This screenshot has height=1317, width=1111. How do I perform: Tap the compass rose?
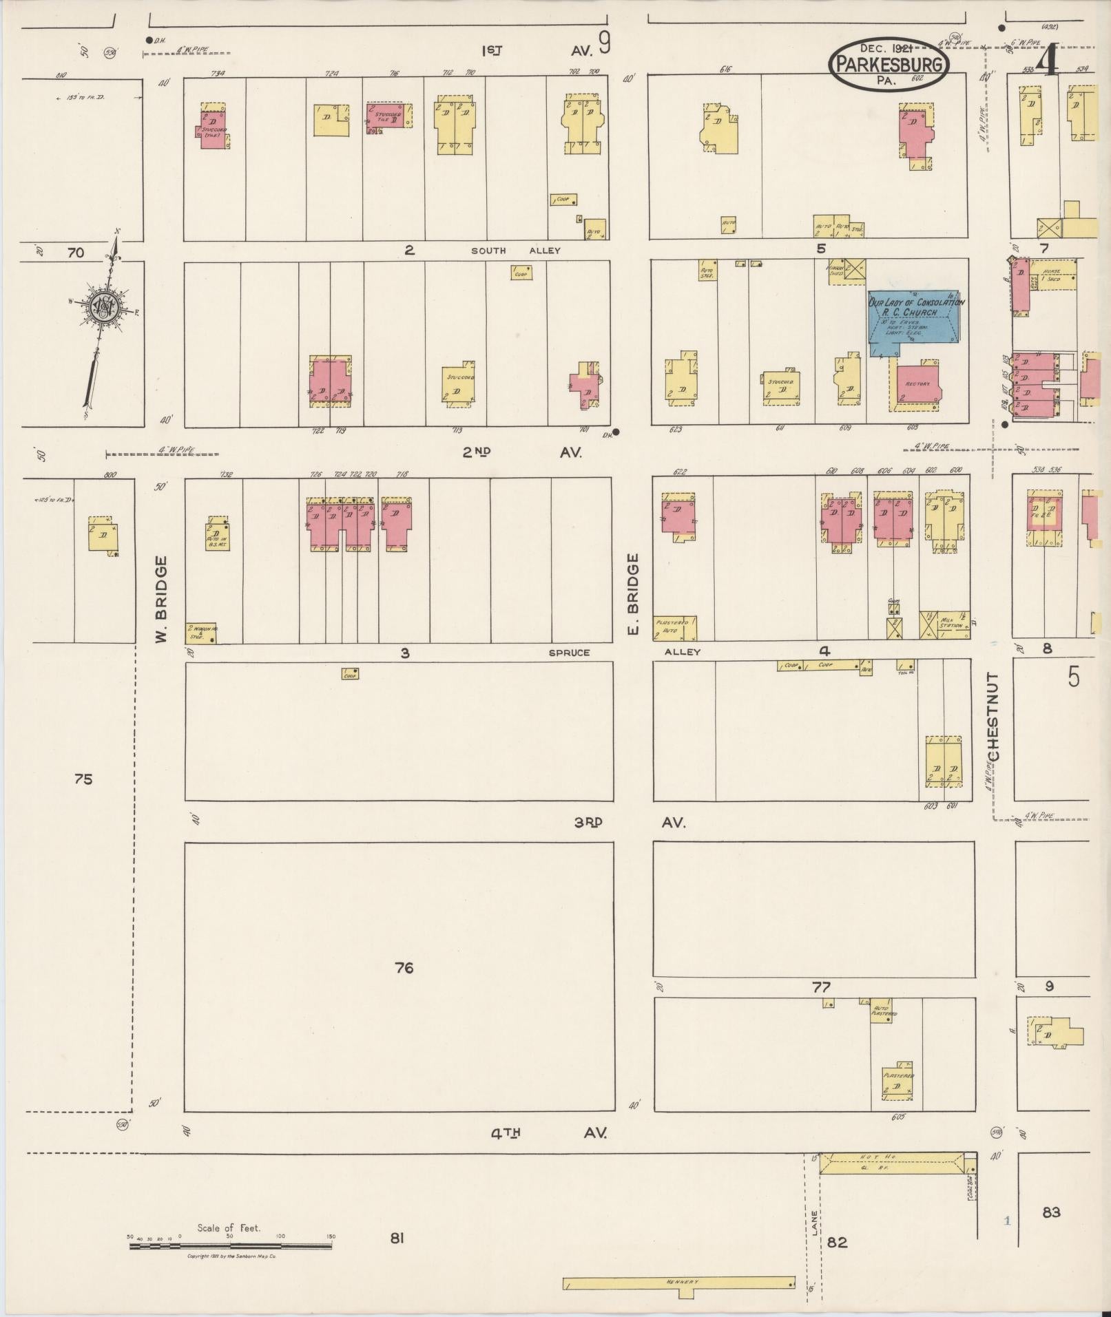pyautogui.click(x=103, y=308)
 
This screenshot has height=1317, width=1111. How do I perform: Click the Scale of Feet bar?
pyautogui.click(x=231, y=1245)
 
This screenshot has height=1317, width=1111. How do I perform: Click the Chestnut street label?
pyautogui.click(x=993, y=718)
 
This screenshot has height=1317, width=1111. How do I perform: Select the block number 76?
pyautogui.click(x=404, y=968)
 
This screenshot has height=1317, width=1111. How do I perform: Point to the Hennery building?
pyautogui.click(x=679, y=1283)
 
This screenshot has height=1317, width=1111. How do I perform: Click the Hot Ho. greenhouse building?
pyautogui.click(x=895, y=1163)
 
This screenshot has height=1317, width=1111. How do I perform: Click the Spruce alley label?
pyautogui.click(x=569, y=652)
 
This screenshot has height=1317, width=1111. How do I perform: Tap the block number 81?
pyautogui.click(x=396, y=1239)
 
